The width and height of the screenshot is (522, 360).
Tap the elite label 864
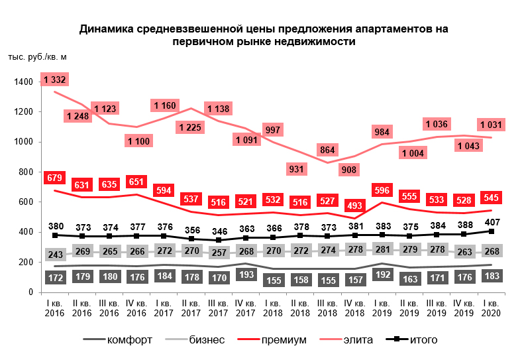click(327, 150)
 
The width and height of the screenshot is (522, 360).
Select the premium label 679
click(54, 178)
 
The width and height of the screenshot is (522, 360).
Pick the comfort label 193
click(246, 274)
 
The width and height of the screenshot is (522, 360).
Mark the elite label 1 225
click(191, 127)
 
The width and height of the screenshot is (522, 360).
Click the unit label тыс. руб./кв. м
click(38, 57)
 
